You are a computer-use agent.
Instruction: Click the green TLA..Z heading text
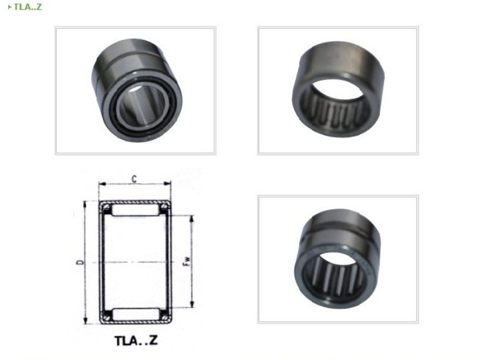click(x=28, y=7)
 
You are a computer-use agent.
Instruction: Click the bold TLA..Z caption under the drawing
click(x=136, y=340)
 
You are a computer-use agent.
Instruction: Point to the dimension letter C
click(x=134, y=179)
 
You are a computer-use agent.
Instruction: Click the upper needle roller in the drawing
click(x=135, y=210)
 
